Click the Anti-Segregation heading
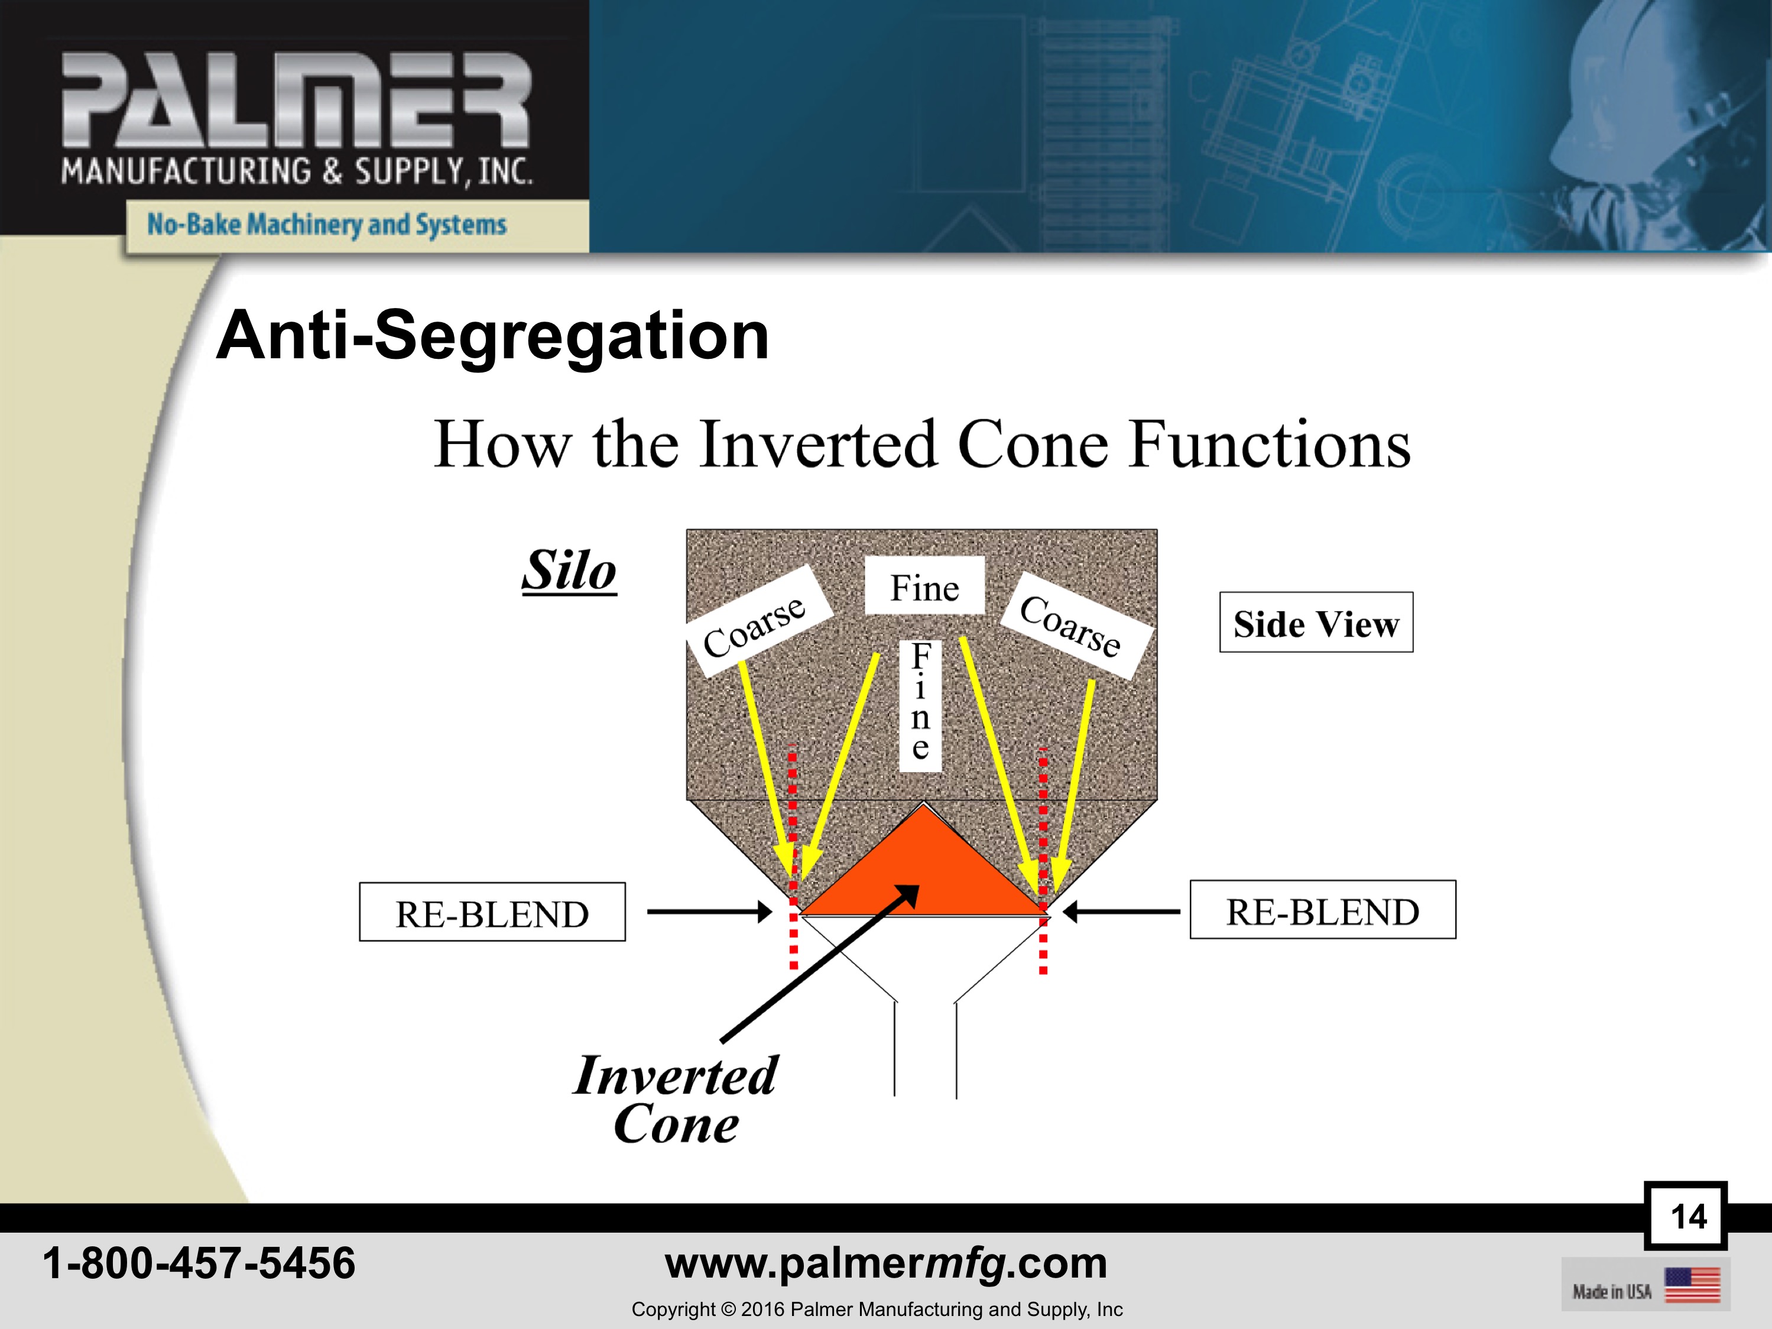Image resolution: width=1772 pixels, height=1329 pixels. pos(493,336)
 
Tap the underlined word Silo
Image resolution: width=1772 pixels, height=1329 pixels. pos(570,571)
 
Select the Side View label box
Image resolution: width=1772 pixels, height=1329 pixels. pos(1316,623)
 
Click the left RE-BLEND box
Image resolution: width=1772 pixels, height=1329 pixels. pos(492,912)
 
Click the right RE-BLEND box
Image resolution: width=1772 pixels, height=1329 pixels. pos(1323,910)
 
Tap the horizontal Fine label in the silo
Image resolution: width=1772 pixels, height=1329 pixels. pos(924,586)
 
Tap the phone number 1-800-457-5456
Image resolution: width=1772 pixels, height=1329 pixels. pos(199,1263)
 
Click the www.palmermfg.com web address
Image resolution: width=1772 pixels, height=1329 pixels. pos(886,1263)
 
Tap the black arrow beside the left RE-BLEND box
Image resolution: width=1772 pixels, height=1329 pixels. pos(709,912)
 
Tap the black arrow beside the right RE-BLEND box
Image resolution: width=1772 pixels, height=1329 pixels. pos(1121,912)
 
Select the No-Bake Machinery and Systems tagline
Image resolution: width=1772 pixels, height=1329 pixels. pos(327,224)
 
